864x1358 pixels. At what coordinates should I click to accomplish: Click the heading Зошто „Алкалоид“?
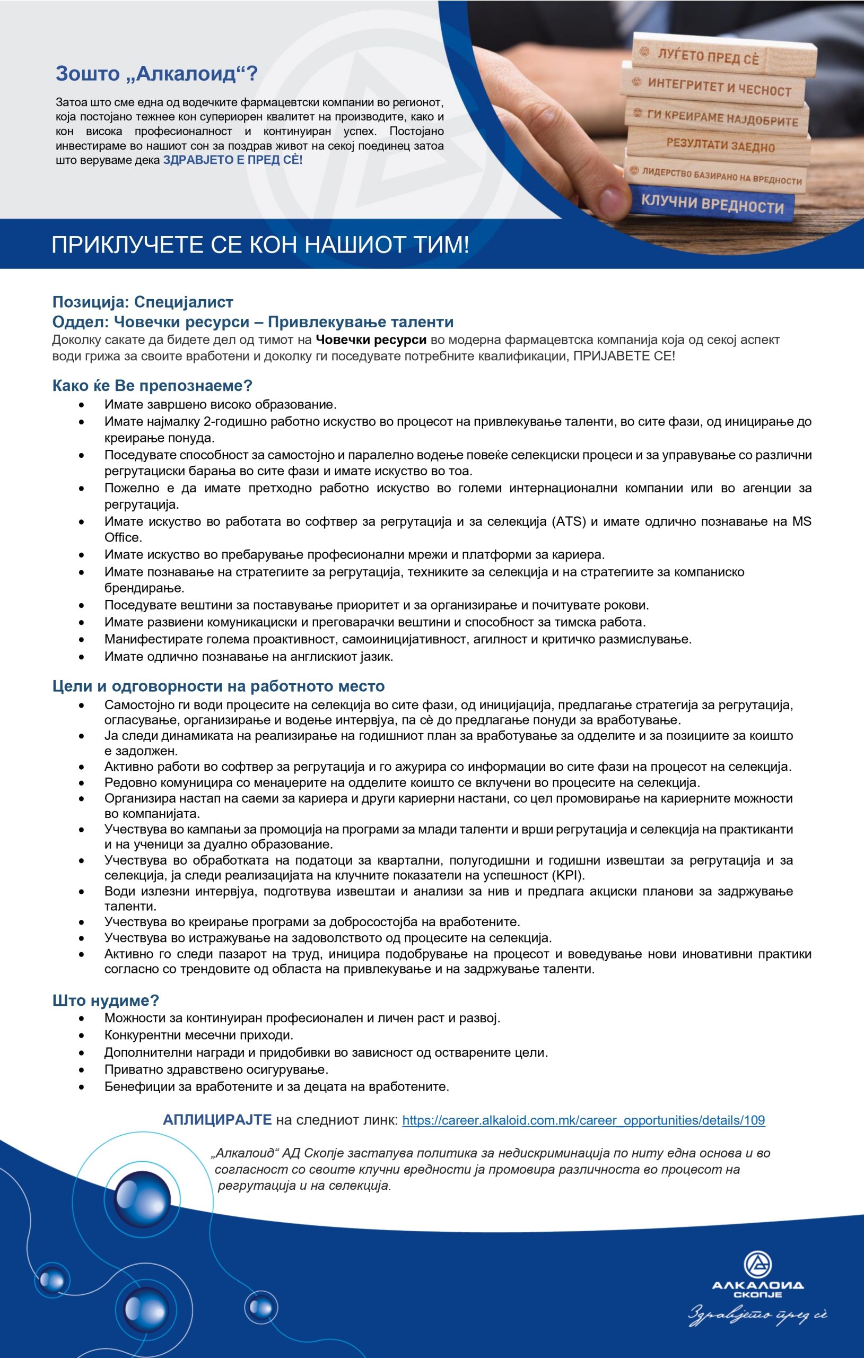[156, 73]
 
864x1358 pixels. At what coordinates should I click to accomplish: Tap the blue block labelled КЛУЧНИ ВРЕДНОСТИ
[712, 204]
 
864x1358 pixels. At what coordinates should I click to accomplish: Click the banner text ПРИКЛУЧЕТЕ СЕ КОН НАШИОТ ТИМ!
[260, 245]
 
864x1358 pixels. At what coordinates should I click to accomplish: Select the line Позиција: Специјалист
[143, 302]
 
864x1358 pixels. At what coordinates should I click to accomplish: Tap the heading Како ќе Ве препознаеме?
[152, 386]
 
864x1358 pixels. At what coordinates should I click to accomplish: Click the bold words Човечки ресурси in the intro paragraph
[371, 339]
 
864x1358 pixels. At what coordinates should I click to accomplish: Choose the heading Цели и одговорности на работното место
[219, 686]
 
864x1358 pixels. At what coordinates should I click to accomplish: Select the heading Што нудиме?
[106, 1000]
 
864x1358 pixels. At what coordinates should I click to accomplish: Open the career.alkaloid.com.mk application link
[583, 1120]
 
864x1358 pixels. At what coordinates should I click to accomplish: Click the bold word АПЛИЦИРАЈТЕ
[217, 1120]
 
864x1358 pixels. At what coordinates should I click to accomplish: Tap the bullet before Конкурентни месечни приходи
[82, 1036]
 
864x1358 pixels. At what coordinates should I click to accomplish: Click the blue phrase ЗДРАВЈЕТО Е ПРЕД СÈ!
[232, 160]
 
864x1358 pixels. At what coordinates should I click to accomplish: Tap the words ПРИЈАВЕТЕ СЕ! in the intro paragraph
[624, 356]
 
